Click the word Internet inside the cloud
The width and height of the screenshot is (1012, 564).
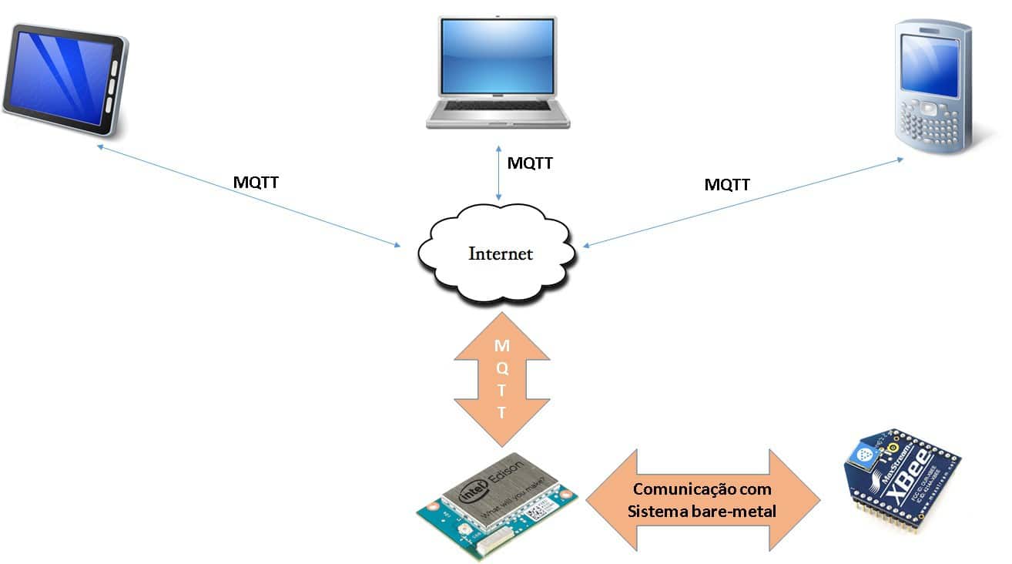point(501,253)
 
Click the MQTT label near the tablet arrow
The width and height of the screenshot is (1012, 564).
point(256,183)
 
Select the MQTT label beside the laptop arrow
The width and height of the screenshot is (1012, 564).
point(530,163)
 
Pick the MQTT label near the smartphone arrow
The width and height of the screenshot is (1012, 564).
point(727,184)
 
